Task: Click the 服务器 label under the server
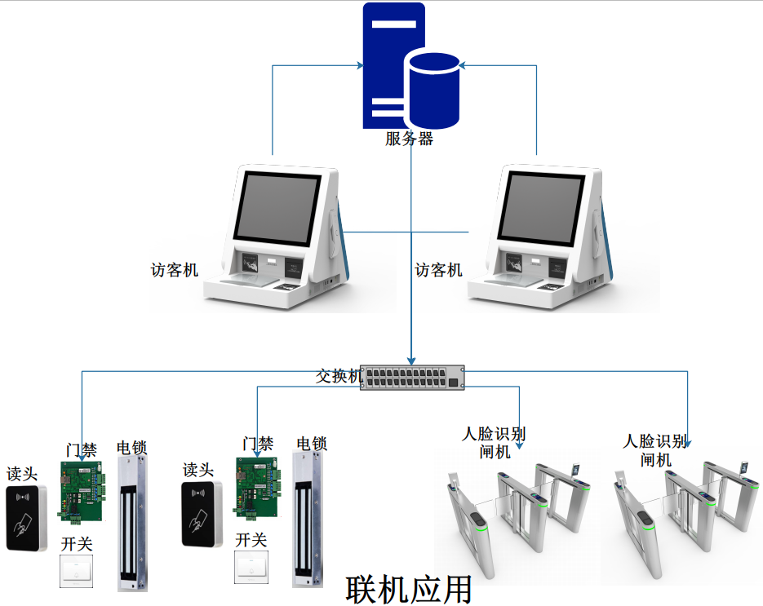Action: tap(410, 139)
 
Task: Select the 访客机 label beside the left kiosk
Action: tap(174, 270)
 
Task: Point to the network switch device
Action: tap(412, 377)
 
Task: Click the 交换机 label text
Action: tap(339, 377)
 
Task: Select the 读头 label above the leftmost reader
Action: tap(23, 474)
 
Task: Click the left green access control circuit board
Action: tap(82, 490)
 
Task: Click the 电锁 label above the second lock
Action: tap(312, 445)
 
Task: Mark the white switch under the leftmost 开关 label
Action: tap(77, 571)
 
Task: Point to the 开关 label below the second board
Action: tap(251, 540)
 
